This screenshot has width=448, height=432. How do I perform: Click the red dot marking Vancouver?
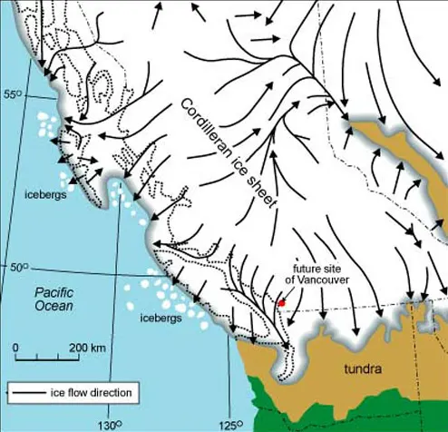(282, 303)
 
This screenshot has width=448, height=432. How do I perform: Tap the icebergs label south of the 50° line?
(163, 319)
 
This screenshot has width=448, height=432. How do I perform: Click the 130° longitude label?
(111, 423)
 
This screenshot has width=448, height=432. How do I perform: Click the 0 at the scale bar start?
(15, 348)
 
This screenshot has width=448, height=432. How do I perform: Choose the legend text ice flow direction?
(93, 393)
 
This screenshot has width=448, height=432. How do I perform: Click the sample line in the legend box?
(27, 393)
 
